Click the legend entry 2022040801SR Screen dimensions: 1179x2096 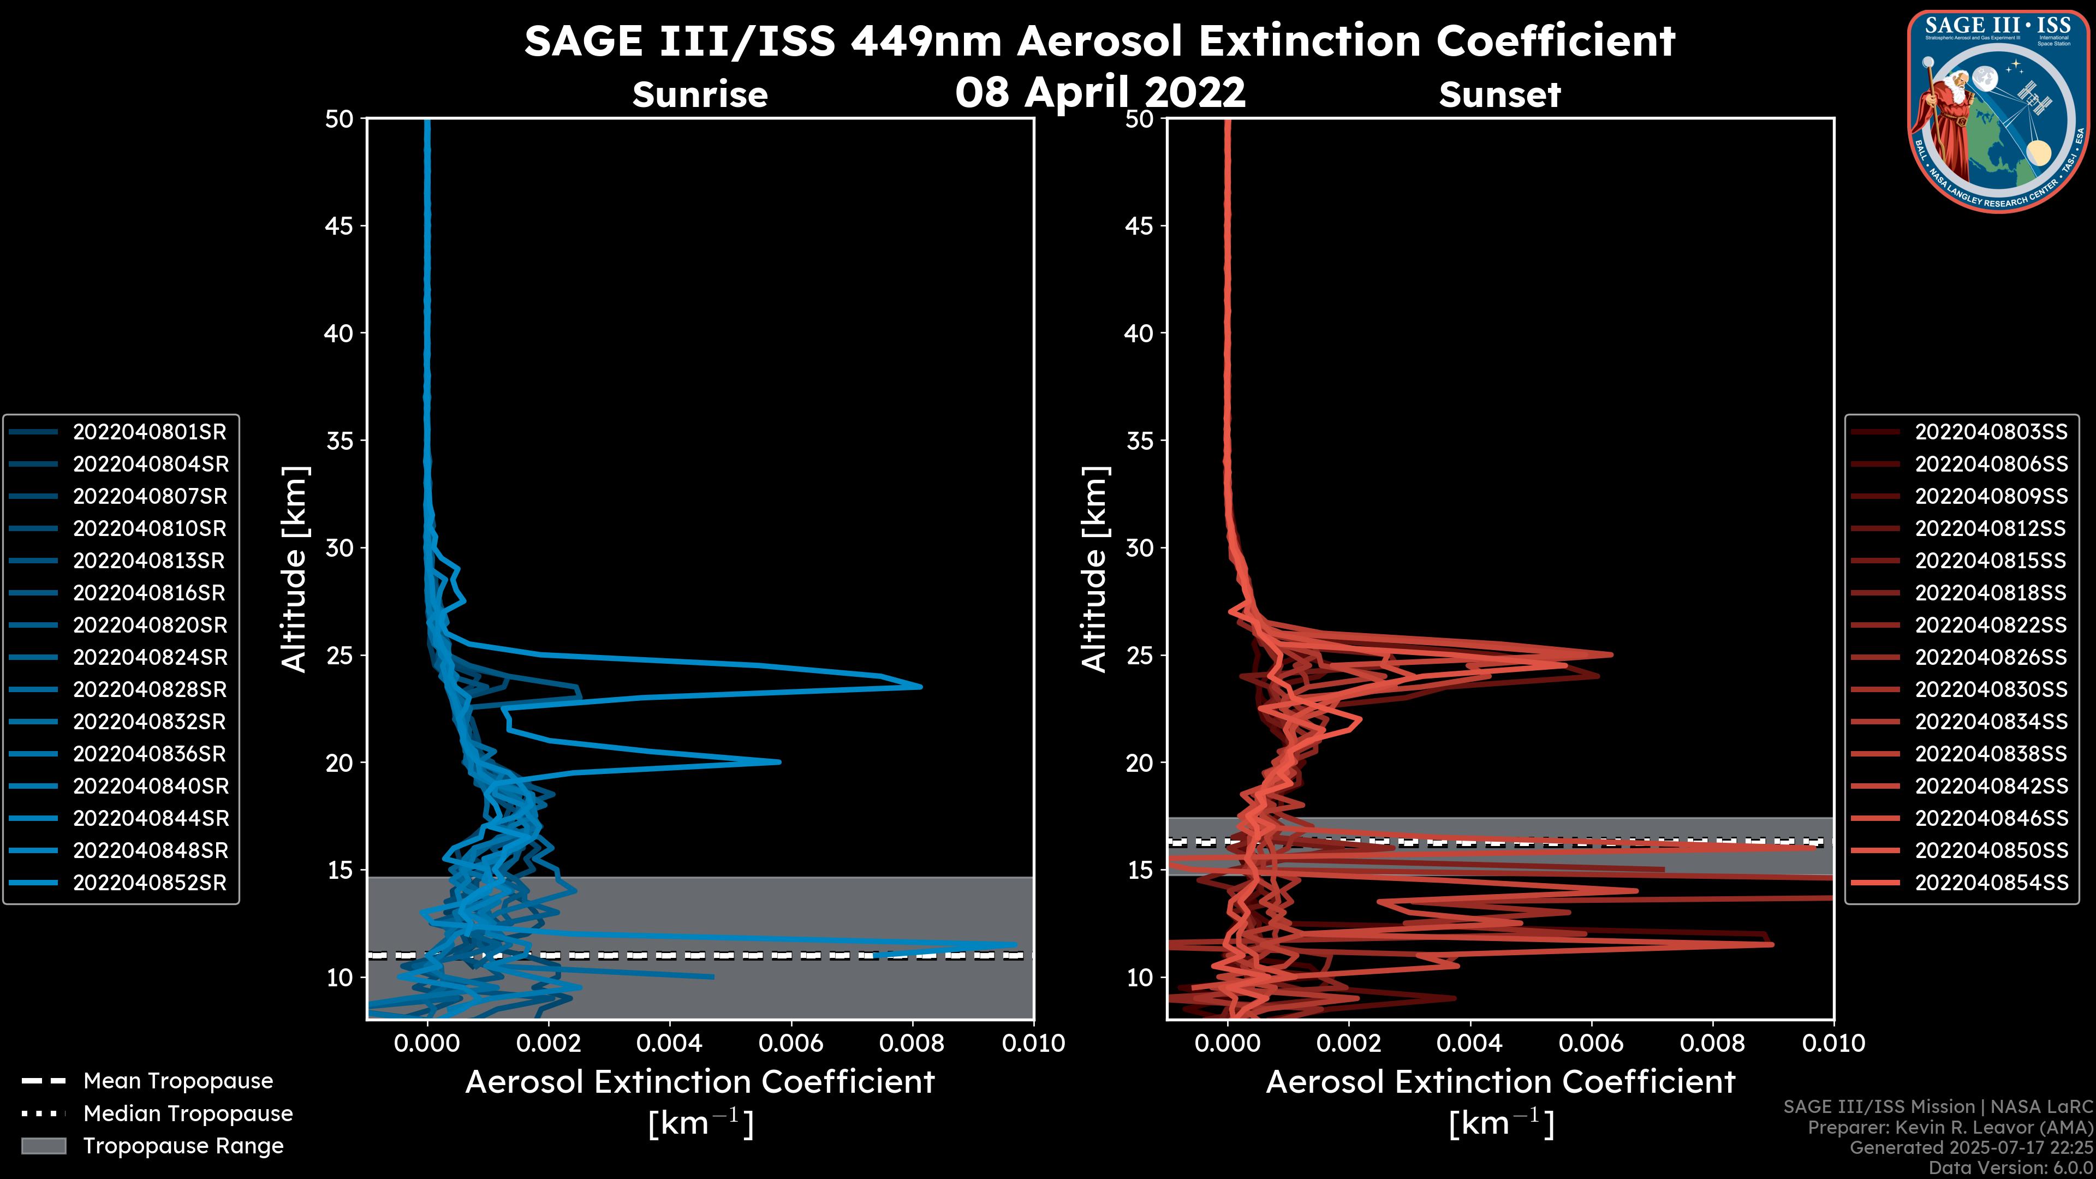(x=150, y=432)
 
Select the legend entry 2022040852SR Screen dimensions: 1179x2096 (x=150, y=883)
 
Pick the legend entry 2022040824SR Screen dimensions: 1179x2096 (x=150, y=657)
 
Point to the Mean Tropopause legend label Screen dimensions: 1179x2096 (x=178, y=1081)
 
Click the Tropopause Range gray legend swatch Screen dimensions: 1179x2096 (x=44, y=1146)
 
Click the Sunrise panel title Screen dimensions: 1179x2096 (x=700, y=94)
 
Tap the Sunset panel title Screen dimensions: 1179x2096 (x=1499, y=94)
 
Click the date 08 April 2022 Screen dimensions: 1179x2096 (x=1100, y=92)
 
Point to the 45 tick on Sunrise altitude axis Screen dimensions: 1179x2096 (x=340, y=226)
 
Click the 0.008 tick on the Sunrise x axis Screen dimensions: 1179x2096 (x=912, y=1043)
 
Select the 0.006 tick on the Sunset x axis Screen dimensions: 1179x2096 (x=1592, y=1043)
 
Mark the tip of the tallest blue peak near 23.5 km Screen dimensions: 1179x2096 (x=921, y=687)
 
